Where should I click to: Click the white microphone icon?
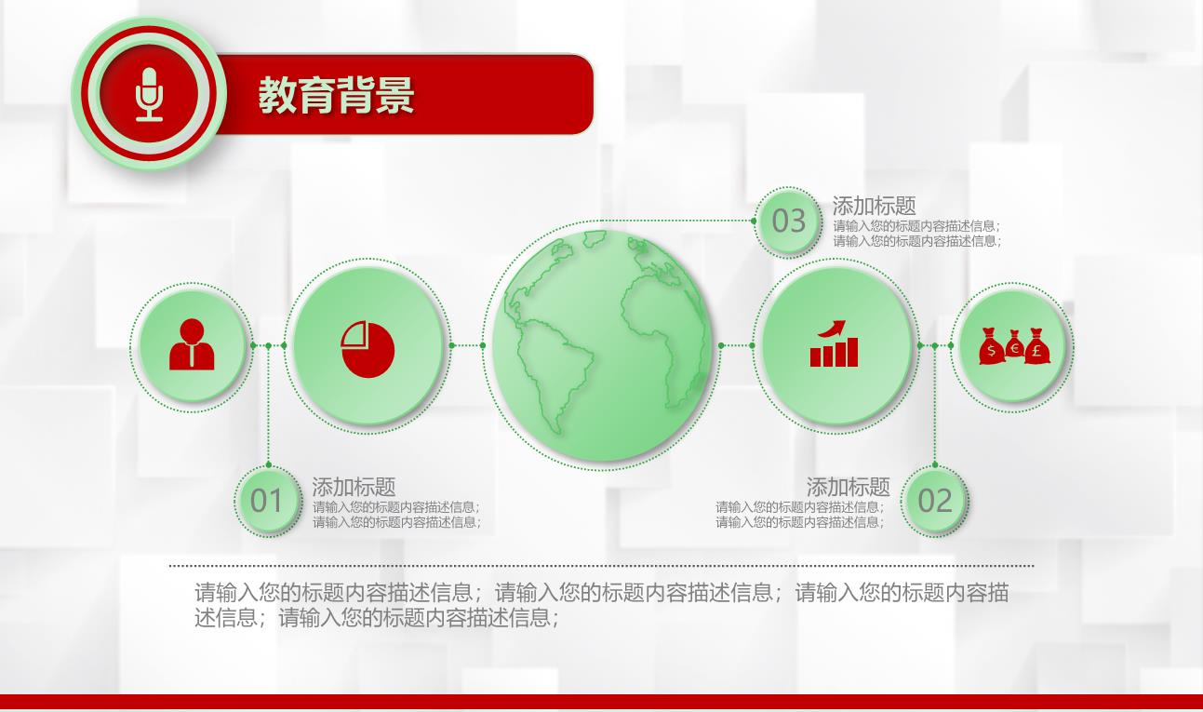(x=149, y=94)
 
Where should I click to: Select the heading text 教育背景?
(x=336, y=95)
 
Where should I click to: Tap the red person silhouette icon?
(x=192, y=344)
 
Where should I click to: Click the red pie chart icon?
(x=368, y=349)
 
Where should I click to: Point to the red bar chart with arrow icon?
(x=834, y=344)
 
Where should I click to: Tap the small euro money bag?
(x=1014, y=344)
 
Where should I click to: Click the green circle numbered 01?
(x=267, y=501)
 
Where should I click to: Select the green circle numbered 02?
(x=935, y=501)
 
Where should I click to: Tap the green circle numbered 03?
(x=788, y=221)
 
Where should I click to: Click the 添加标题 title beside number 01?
(x=354, y=488)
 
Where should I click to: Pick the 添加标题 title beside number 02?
(x=848, y=488)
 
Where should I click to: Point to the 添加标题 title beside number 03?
(x=875, y=206)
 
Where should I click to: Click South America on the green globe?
(x=554, y=366)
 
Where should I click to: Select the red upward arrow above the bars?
(x=833, y=328)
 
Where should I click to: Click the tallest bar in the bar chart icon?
(x=852, y=352)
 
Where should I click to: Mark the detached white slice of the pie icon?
(x=354, y=334)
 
